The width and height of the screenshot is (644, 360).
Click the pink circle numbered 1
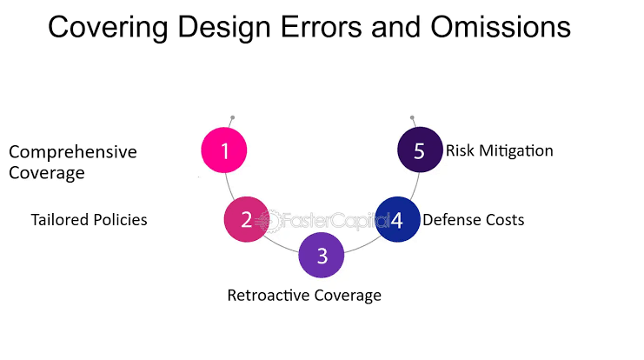click(x=224, y=150)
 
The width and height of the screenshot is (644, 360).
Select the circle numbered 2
click(x=247, y=219)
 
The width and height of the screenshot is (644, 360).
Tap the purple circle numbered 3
click(x=322, y=255)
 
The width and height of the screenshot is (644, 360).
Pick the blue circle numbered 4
click(x=397, y=219)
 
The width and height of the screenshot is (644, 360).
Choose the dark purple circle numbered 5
click(x=420, y=150)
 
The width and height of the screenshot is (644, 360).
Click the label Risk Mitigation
click(x=500, y=150)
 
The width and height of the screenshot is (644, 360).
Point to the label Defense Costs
click(x=474, y=220)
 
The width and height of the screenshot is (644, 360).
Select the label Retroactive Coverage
click(x=304, y=296)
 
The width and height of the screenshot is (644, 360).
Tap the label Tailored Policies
click(x=90, y=220)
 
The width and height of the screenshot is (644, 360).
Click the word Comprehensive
click(x=73, y=152)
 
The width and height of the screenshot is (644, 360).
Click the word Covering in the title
click(x=108, y=28)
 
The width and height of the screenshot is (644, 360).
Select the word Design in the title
click(x=224, y=28)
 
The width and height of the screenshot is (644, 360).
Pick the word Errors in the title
click(x=322, y=27)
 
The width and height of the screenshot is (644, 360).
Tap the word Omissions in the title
click(x=501, y=27)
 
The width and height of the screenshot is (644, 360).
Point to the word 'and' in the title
click(x=396, y=27)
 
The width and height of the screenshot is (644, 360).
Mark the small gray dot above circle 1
click(x=232, y=117)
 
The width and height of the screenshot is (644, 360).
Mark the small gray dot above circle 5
click(x=412, y=117)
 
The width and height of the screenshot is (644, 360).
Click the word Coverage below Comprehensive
click(x=47, y=173)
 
